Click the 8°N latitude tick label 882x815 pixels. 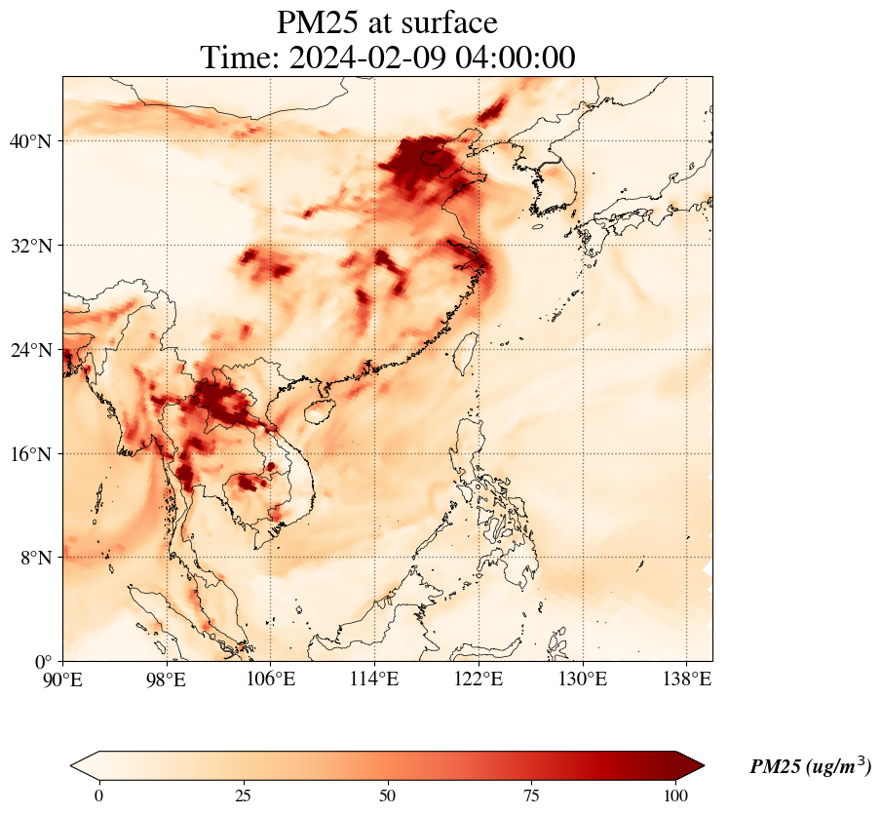[34, 558]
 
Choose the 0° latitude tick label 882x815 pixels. [43, 662]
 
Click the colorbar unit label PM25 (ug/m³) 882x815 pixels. [810, 767]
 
